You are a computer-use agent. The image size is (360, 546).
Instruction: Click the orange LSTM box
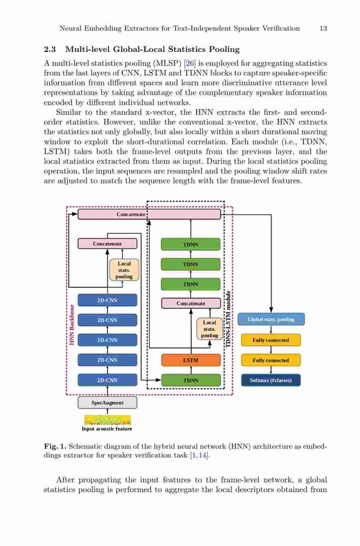(x=191, y=360)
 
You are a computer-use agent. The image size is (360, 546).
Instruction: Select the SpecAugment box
(x=107, y=402)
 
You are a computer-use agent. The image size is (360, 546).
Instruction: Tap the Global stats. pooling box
(x=271, y=319)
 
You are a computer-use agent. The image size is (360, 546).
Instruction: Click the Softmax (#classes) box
(x=271, y=380)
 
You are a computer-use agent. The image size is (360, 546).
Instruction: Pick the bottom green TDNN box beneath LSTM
(x=191, y=380)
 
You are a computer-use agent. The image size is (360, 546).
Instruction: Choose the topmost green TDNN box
(x=191, y=245)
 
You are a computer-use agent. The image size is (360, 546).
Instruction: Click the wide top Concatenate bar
(x=149, y=214)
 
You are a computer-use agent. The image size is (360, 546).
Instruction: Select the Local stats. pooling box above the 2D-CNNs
(x=124, y=270)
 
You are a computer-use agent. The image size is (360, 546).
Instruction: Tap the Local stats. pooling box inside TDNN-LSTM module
(x=209, y=329)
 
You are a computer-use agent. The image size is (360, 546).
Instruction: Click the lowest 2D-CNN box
(x=107, y=380)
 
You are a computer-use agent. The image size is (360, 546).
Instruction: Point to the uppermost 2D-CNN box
(x=107, y=300)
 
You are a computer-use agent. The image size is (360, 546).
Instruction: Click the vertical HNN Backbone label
(x=72, y=325)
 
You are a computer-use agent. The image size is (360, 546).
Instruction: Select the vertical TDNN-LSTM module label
(x=228, y=319)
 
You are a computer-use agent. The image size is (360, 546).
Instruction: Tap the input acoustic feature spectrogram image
(x=107, y=419)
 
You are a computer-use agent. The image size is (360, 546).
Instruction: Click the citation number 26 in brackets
(x=190, y=63)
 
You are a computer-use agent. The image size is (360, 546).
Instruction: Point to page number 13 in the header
(x=323, y=28)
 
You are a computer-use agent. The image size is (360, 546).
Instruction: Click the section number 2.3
(x=50, y=50)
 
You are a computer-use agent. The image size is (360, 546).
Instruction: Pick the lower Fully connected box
(x=271, y=360)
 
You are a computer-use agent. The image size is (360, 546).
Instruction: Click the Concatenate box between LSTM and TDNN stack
(x=191, y=303)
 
